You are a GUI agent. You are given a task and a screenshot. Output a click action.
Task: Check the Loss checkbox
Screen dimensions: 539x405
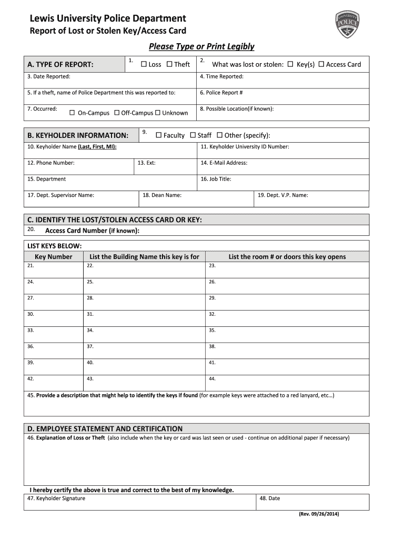point(144,64)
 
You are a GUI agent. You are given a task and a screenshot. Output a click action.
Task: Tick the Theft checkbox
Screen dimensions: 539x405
point(169,64)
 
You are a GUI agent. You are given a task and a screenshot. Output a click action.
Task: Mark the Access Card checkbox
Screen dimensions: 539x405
point(321,64)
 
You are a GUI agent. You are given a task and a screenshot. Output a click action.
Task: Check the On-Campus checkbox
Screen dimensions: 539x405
point(73,113)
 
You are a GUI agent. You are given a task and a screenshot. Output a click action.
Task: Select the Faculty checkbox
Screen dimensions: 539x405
point(158,135)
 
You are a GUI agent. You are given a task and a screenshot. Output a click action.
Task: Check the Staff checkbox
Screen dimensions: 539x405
point(193,135)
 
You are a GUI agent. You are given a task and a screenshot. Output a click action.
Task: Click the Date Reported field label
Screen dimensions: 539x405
point(48,77)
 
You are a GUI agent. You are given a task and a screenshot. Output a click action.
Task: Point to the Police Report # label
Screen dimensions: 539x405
point(221,93)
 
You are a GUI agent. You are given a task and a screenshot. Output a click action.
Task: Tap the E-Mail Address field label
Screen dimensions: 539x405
point(224,163)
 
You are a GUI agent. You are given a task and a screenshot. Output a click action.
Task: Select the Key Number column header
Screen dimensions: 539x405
point(53,257)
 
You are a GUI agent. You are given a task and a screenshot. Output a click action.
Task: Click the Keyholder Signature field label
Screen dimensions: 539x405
point(56,498)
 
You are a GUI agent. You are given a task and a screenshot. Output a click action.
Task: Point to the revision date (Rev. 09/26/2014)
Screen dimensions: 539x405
point(319,514)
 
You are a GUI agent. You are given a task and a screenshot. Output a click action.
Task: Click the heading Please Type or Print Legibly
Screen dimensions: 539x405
point(201,46)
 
